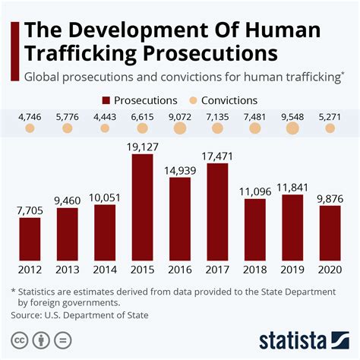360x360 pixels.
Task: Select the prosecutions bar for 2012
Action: [30, 237]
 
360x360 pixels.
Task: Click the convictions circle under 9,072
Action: [180, 129]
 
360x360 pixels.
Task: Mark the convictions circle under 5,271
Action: [330, 129]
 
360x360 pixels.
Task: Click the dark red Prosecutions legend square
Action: [106, 99]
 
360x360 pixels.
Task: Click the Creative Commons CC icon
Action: [16, 338]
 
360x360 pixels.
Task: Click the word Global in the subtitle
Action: [43, 76]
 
